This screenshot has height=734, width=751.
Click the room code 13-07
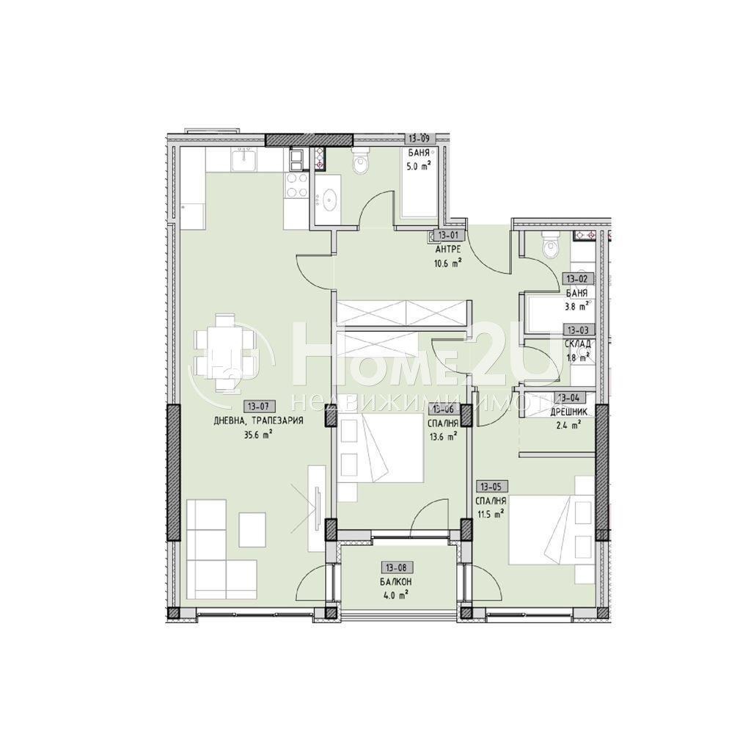(x=259, y=405)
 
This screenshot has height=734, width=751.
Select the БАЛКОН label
(x=396, y=581)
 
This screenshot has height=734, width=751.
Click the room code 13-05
(x=491, y=486)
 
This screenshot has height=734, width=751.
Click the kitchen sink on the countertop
(x=242, y=158)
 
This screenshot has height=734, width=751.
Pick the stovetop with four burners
(x=297, y=184)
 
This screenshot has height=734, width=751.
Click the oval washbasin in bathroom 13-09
(x=329, y=197)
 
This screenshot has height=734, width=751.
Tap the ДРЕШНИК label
(x=566, y=412)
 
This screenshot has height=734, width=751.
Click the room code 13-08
(x=396, y=567)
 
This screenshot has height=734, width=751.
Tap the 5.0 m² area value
(x=419, y=166)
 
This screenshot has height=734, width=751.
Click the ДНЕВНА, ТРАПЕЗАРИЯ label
(x=258, y=421)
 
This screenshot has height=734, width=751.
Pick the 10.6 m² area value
(x=447, y=264)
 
